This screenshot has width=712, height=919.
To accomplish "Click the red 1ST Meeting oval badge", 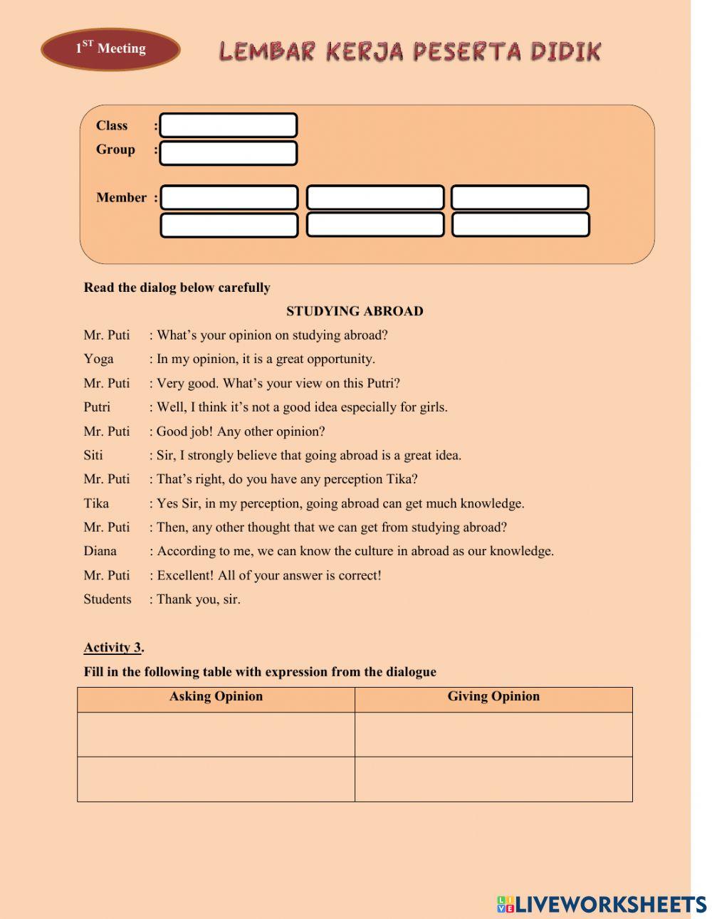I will [x=110, y=49].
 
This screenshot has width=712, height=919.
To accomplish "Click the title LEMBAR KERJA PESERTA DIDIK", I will [x=410, y=51].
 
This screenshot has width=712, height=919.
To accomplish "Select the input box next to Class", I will [x=228, y=126].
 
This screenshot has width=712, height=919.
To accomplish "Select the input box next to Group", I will [x=228, y=153].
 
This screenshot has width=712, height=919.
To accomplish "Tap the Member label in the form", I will [x=121, y=198].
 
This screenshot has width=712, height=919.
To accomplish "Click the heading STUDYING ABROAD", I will [x=355, y=311].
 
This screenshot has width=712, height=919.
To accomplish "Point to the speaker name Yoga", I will [x=98, y=359].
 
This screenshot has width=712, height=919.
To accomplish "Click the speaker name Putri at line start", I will [x=97, y=407].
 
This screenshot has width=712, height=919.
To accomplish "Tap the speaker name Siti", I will [x=93, y=455].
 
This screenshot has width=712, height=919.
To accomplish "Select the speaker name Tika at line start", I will [x=96, y=503].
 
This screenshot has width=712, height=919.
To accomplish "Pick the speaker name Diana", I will [x=100, y=551].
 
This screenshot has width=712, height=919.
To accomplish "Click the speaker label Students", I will [x=108, y=599].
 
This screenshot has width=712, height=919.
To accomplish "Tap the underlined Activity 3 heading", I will [x=113, y=648].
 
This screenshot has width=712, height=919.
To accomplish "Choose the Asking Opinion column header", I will [x=216, y=697].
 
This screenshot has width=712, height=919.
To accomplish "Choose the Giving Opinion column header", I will [x=493, y=697].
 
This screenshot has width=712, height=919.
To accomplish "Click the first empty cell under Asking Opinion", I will [x=216, y=734].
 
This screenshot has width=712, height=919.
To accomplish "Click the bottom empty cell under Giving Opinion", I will [x=493, y=779].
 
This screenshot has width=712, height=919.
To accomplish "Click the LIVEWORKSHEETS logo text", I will [x=610, y=904].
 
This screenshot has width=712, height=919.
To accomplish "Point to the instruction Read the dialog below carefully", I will [x=177, y=288].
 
